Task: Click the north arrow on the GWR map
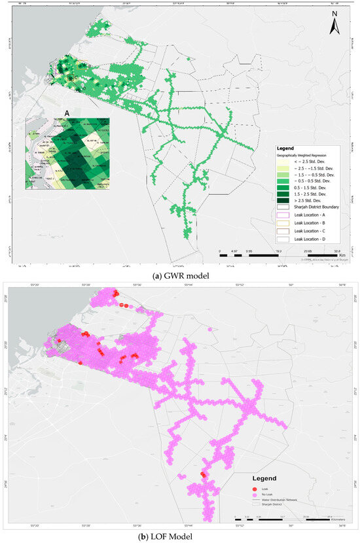click(334, 23)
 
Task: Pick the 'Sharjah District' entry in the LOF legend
click(272, 504)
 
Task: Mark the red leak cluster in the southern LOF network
click(203, 474)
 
